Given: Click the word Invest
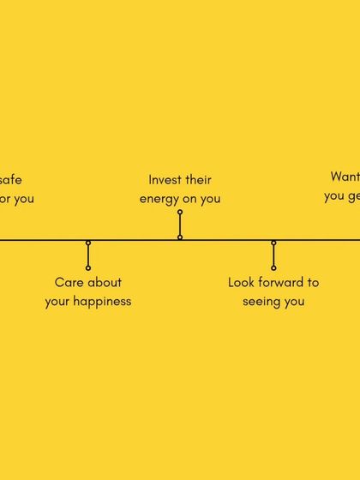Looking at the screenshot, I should click(165, 180).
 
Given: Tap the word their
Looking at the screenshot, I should click(198, 180).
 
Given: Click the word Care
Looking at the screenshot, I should click(69, 282).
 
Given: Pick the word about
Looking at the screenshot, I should click(105, 282).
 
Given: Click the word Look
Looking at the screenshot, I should click(242, 282).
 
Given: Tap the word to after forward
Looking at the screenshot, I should click(313, 282).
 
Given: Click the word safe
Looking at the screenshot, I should click(10, 180).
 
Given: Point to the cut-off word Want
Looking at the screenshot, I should click(345, 177).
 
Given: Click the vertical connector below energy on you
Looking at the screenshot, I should click(180, 225).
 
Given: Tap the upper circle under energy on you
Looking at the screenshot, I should click(180, 212).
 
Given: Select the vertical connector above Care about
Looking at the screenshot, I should click(88, 255).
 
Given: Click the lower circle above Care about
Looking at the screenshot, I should click(88, 268).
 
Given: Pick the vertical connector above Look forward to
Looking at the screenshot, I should click(273, 255).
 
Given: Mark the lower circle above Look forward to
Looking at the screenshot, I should click(273, 268).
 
